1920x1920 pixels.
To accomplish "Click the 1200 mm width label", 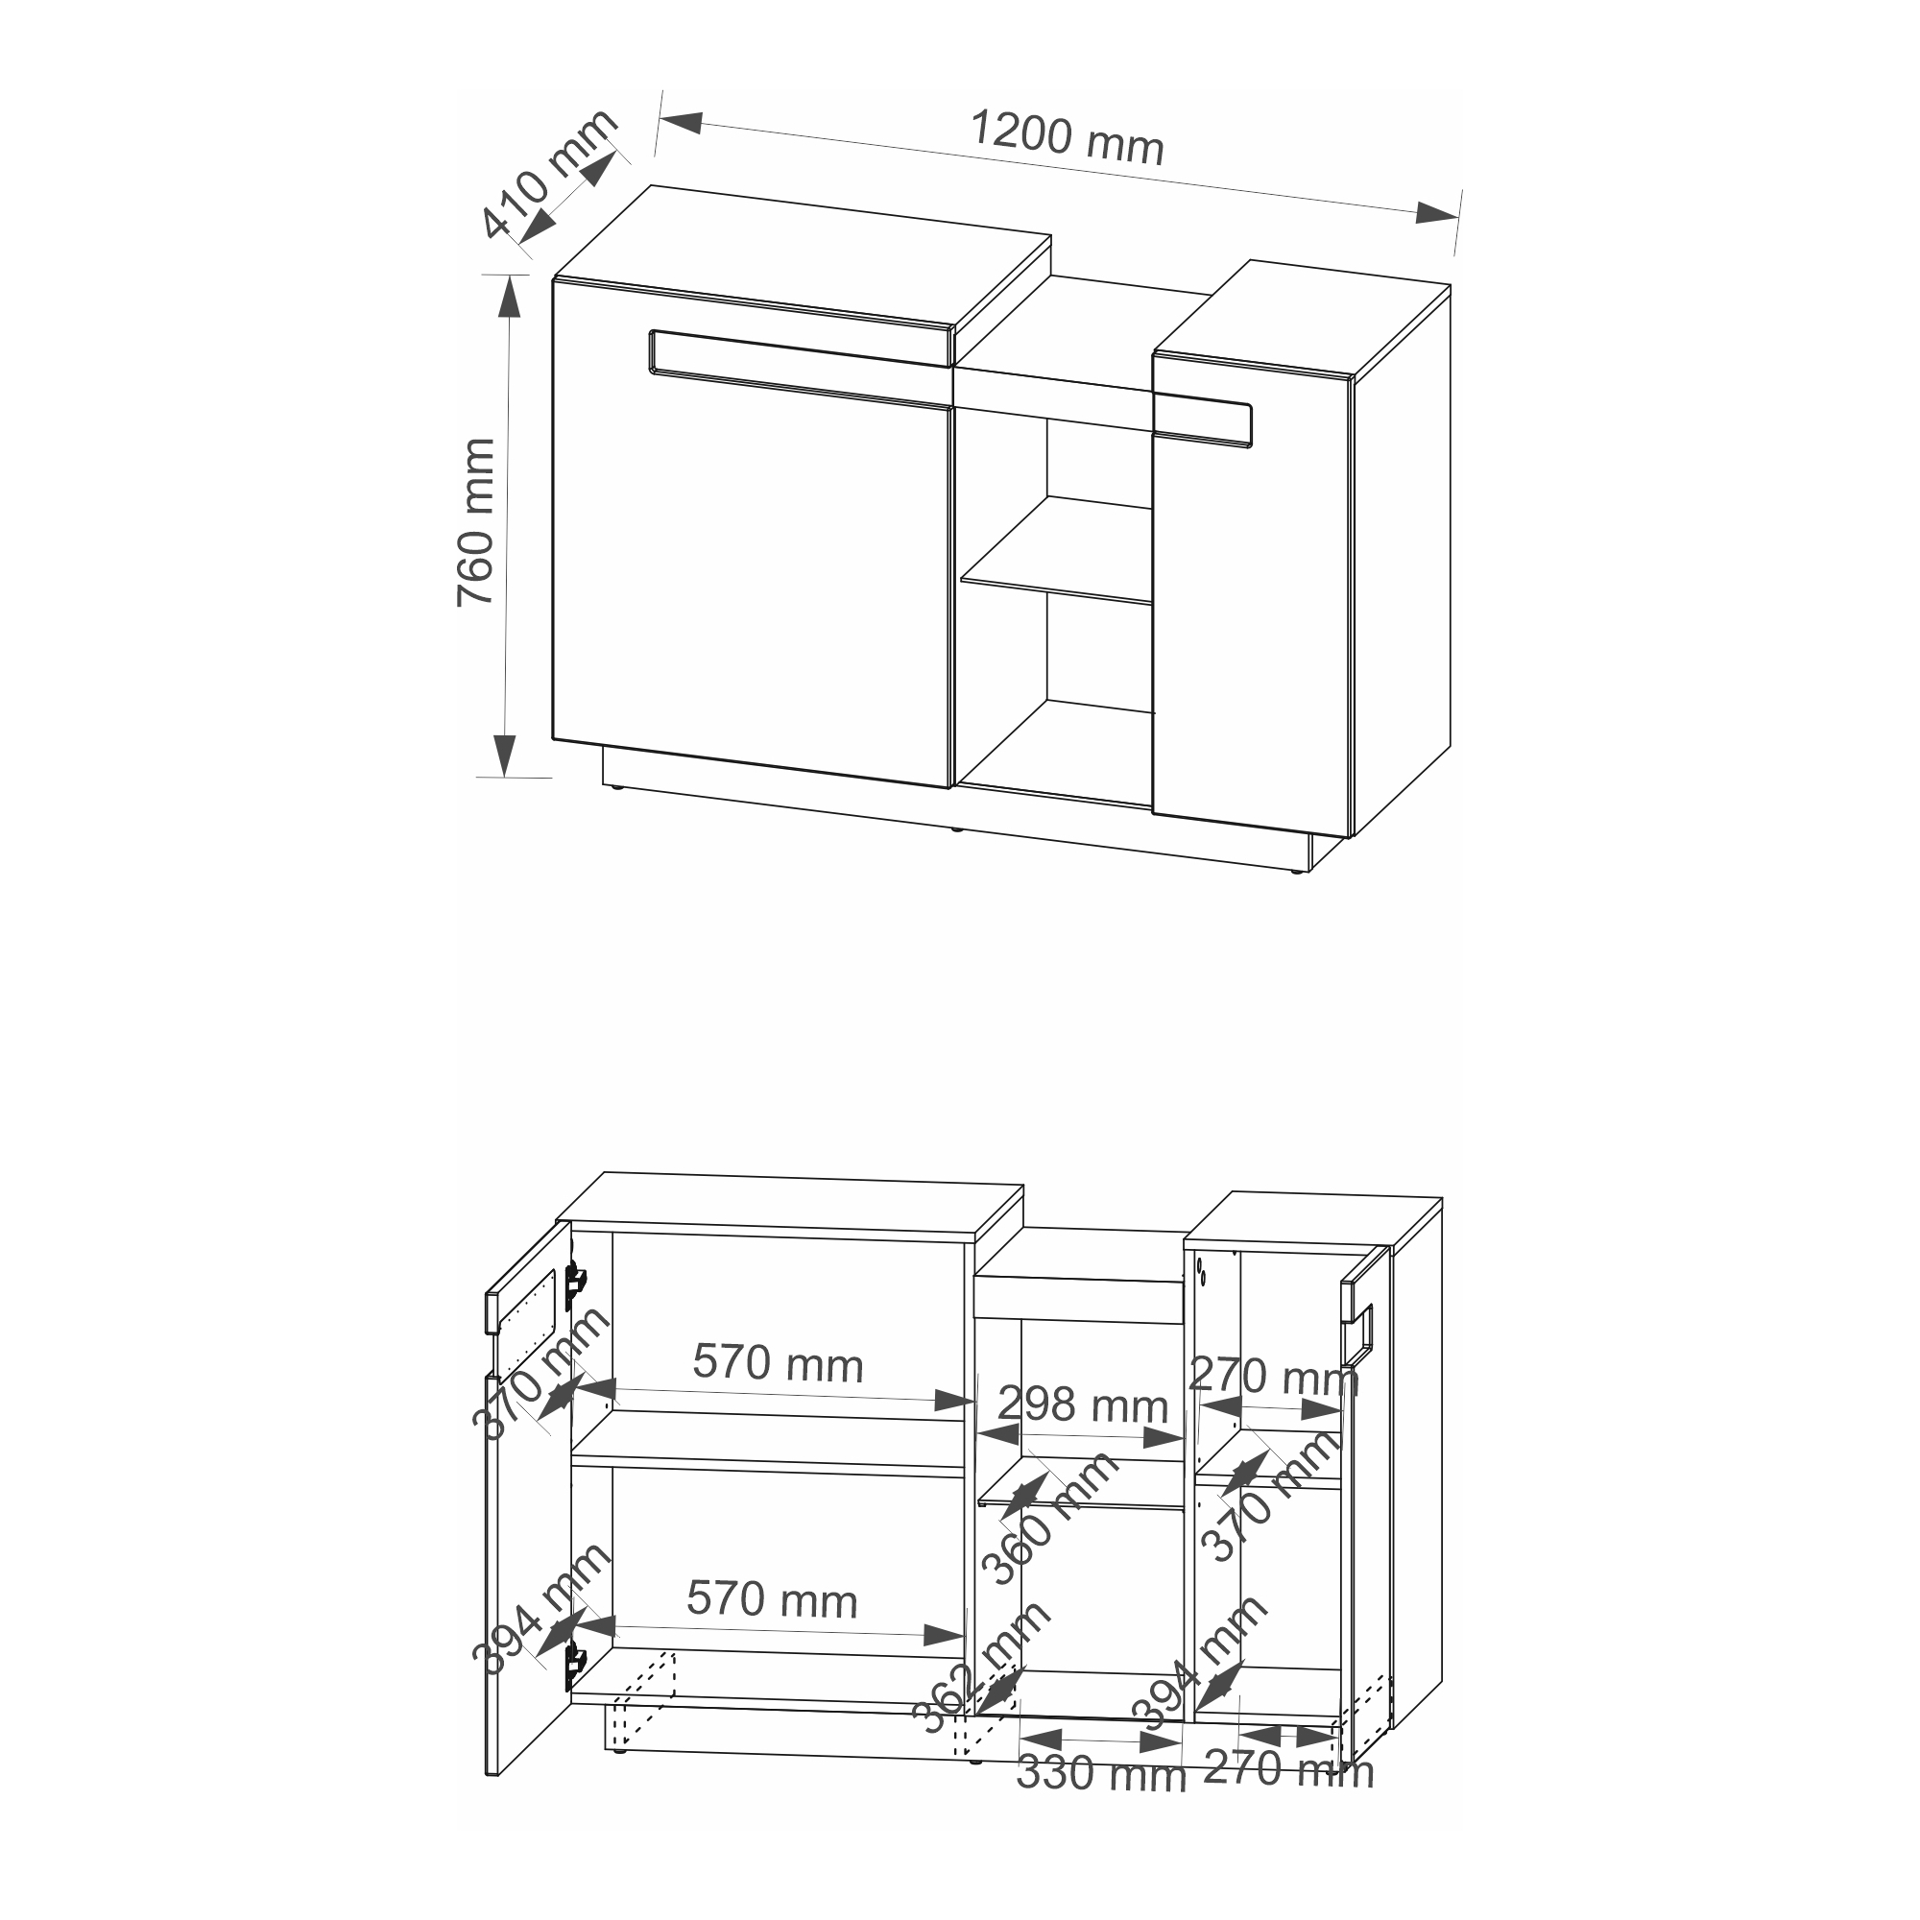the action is pyautogui.click(x=1066, y=138).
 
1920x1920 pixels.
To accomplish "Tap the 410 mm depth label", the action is pyautogui.click(x=549, y=174).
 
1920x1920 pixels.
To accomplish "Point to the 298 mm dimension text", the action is pyautogui.click(x=1082, y=1405).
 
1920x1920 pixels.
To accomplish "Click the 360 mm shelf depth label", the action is pyautogui.click(x=1049, y=1518).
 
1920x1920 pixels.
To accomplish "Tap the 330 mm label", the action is pyautogui.click(x=1101, y=1775).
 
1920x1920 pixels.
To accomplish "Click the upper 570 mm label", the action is pyautogui.click(x=779, y=1362).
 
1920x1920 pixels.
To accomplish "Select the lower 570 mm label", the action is pyautogui.click(x=772, y=1600).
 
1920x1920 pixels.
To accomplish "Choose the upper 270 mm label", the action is pyautogui.click(x=1273, y=1377).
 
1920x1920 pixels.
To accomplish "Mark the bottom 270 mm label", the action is pyautogui.click(x=1289, y=1770).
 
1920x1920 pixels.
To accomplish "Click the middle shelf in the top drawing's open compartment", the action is pyautogui.click(x=1056, y=549).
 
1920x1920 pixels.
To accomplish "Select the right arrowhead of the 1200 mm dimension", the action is pyautogui.click(x=1437, y=213).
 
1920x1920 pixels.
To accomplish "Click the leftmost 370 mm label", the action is pyautogui.click(x=540, y=1373).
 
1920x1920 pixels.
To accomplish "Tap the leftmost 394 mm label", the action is pyautogui.click(x=540, y=1609).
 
